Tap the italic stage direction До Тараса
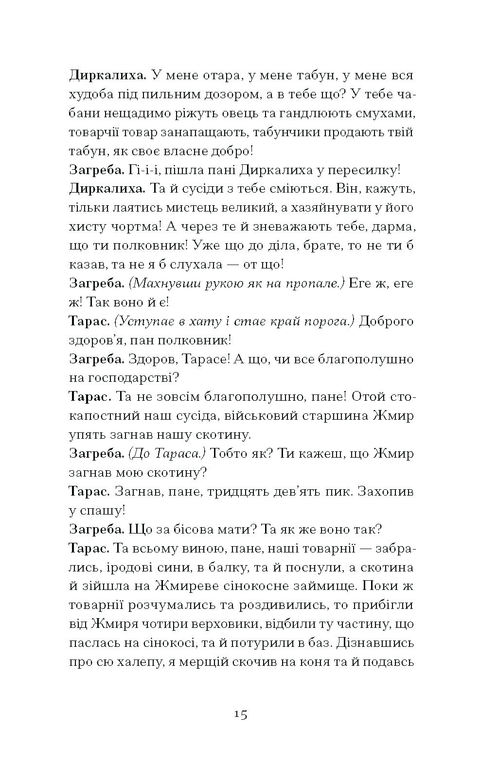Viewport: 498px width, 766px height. click(167, 453)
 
